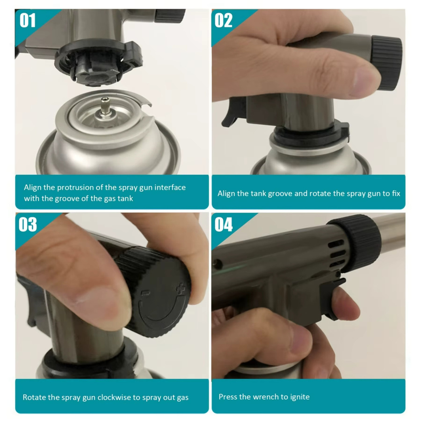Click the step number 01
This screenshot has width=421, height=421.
pos(28,21)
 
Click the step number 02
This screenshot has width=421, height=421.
pos(224,21)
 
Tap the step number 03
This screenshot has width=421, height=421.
pos(28,225)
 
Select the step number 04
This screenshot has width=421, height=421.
pos(224,225)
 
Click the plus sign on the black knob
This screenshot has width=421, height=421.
pos(181,289)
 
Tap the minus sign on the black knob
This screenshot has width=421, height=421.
pos(145,293)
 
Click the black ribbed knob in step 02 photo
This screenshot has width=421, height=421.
pos(386,63)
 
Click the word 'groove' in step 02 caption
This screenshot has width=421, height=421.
pos(280,194)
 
